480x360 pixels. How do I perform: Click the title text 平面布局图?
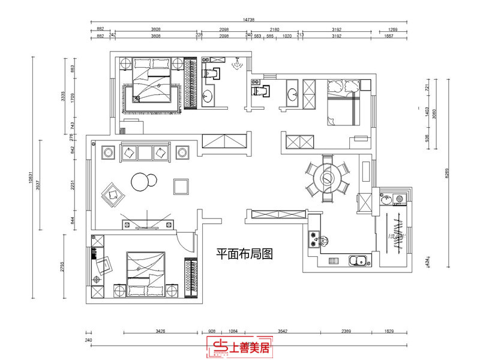tap(244, 254)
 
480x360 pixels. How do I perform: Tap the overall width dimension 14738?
tap(249, 19)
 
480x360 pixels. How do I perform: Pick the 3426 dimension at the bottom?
tap(160, 331)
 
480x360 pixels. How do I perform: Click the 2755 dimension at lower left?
tap(62, 267)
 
